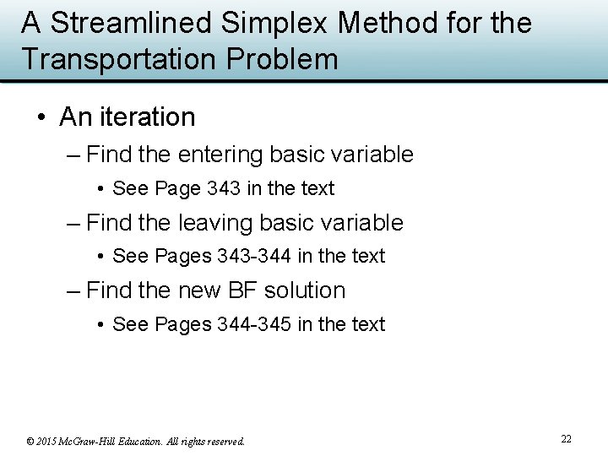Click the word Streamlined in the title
coord(132,23)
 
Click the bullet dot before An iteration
coord(42,117)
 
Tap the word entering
coord(220,155)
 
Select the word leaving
coord(216,223)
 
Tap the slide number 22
coord(566,439)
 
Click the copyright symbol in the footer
coord(30,441)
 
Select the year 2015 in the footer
coord(47,441)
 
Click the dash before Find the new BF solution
coord(73,290)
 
